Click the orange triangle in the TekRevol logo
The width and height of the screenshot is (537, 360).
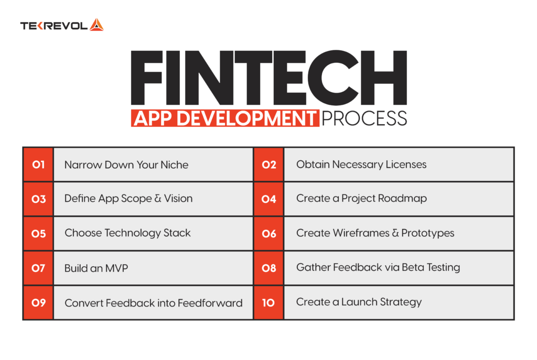(96, 25)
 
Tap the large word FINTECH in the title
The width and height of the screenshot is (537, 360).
(268, 79)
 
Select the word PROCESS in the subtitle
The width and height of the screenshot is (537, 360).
(364, 118)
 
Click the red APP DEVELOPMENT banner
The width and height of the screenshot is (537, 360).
(225, 118)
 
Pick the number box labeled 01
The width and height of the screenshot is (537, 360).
(38, 165)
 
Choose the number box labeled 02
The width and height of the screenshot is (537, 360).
(268, 165)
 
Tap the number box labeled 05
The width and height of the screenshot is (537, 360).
(38, 233)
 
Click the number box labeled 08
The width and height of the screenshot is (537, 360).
(268, 268)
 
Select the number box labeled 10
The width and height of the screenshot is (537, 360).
(268, 302)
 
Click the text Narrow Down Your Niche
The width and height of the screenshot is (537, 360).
(126, 165)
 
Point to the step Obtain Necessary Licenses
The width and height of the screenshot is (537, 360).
(361, 165)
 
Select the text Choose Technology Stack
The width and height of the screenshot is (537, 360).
(127, 233)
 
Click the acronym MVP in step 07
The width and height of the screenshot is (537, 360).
(116, 268)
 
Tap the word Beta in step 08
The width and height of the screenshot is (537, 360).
(412, 267)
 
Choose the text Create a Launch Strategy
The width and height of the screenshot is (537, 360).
(359, 302)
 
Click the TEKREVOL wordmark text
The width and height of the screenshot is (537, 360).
(53, 26)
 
